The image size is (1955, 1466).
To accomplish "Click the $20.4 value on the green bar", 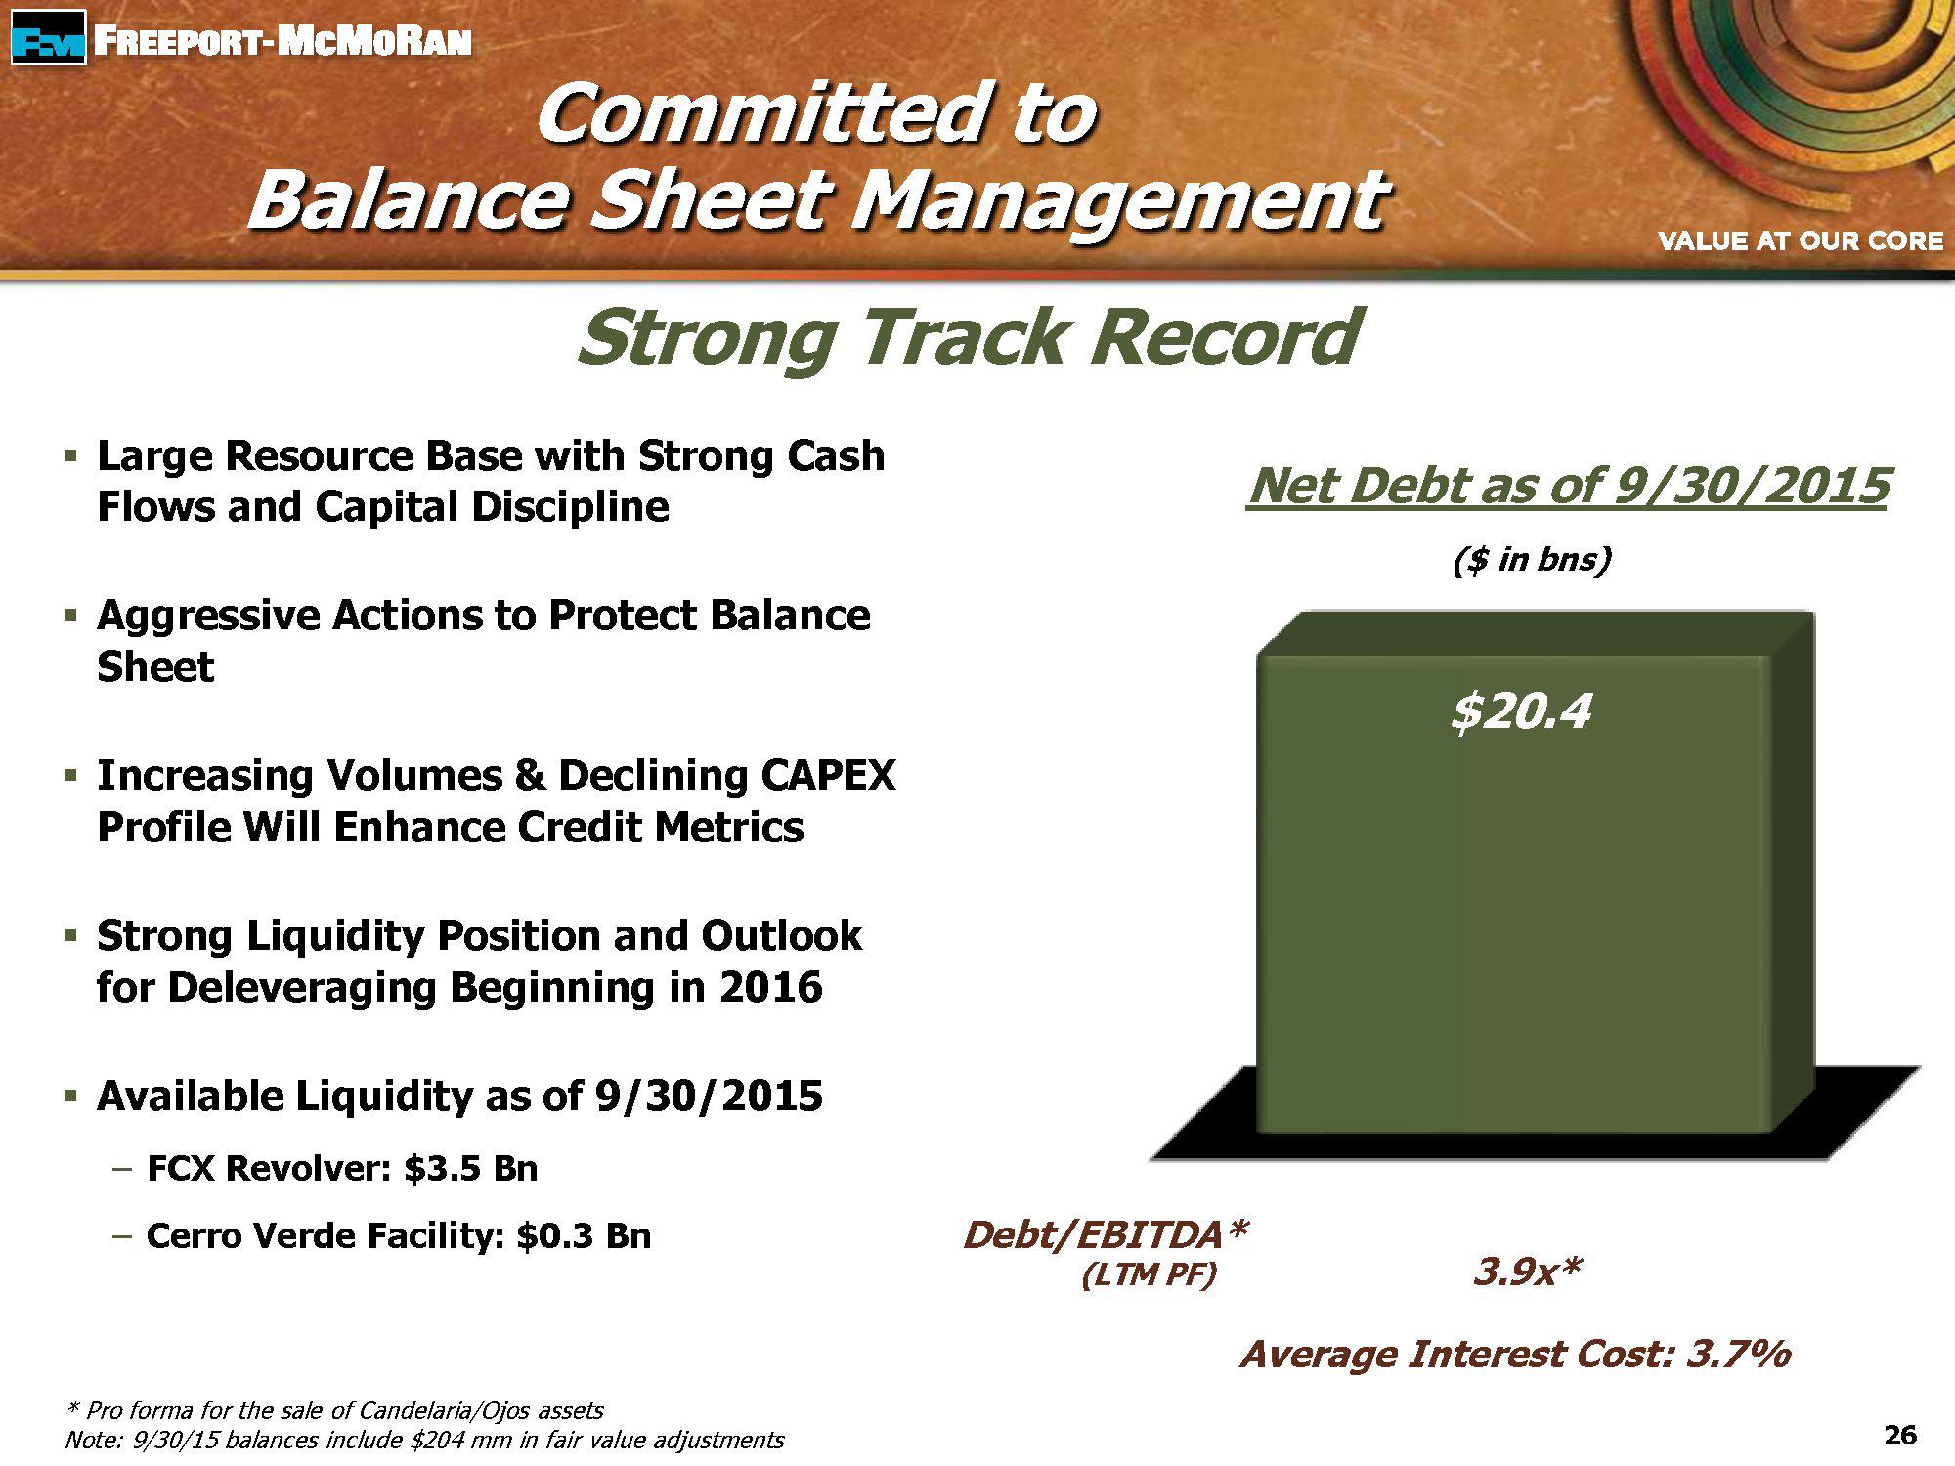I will point(1521,711).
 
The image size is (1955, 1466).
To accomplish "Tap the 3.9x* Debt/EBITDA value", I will point(1527,1272).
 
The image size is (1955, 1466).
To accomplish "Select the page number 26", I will point(1900,1435).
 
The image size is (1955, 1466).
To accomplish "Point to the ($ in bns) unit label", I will point(1531,560).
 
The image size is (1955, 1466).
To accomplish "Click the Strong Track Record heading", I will point(968,336).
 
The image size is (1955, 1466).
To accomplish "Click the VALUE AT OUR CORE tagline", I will point(1801,240).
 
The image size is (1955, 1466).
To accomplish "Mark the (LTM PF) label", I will point(1149,1275).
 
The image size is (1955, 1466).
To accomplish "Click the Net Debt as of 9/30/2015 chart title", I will point(1568,486).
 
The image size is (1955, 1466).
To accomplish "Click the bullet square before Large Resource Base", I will point(69,455).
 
